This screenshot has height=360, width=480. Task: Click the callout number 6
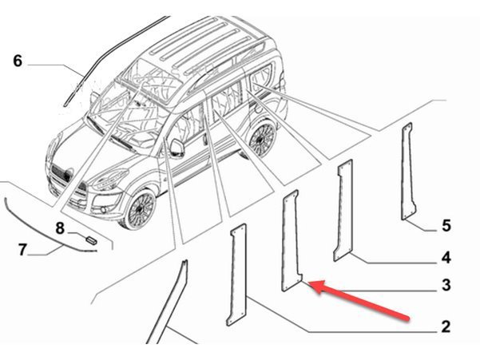(x=18, y=61)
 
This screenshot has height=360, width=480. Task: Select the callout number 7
(x=22, y=250)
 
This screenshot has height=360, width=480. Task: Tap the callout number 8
(x=60, y=228)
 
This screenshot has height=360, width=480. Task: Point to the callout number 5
(x=446, y=226)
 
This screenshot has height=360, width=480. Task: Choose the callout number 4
(x=446, y=258)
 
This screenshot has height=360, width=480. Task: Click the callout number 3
(x=446, y=285)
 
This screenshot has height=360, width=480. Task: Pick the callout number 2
(x=446, y=326)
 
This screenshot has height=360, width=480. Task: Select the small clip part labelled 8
(x=90, y=240)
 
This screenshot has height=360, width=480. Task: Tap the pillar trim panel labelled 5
(x=407, y=172)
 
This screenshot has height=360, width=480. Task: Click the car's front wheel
(x=139, y=209)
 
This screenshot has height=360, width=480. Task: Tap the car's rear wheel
(x=263, y=138)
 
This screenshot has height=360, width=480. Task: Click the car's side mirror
(x=177, y=148)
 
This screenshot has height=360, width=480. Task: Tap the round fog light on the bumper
(x=105, y=211)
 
